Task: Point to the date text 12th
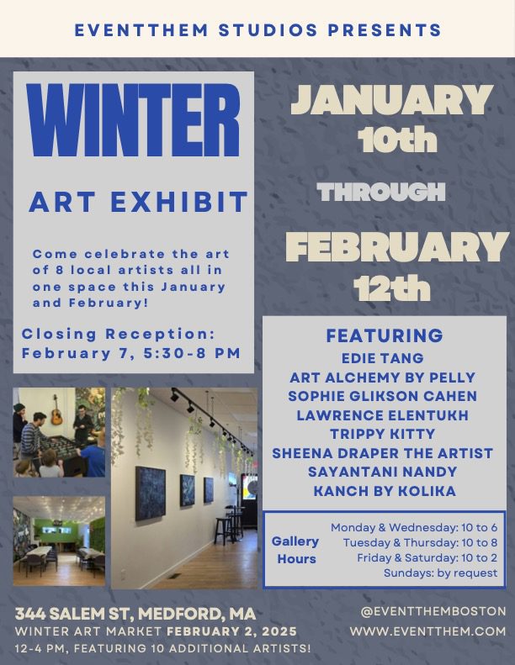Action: pyautogui.click(x=392, y=288)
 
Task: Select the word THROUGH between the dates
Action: pyautogui.click(x=380, y=193)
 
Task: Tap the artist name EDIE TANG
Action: pyautogui.click(x=383, y=357)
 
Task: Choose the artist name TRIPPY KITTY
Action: pyautogui.click(x=383, y=434)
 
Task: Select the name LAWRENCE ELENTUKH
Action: pyautogui.click(x=383, y=414)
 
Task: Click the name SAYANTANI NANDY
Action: pyautogui.click(x=383, y=472)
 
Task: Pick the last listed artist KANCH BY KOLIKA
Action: pyautogui.click(x=383, y=491)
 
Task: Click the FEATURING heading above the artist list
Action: pyautogui.click(x=384, y=335)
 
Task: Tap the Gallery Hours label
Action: pyautogui.click(x=295, y=550)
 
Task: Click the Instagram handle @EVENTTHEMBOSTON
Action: pyautogui.click(x=428, y=611)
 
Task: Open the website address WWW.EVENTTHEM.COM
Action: pyautogui.click(x=428, y=631)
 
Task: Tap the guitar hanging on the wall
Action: pyautogui.click(x=56, y=413)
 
